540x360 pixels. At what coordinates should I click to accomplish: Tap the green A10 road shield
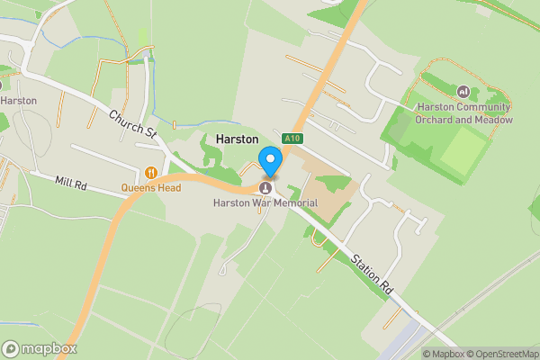(x=290, y=139)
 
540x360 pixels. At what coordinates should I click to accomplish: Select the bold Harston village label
(x=238, y=140)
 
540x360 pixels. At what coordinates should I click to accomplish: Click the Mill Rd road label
(x=69, y=183)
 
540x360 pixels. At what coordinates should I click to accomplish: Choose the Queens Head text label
(x=151, y=188)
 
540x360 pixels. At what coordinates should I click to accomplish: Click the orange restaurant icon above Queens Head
(x=151, y=172)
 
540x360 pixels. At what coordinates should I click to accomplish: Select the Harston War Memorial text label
(x=265, y=202)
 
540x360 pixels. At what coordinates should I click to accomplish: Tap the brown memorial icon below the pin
(x=265, y=187)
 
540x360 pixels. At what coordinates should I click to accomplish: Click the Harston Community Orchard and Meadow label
(x=464, y=113)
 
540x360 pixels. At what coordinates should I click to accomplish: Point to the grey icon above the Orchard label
(x=463, y=91)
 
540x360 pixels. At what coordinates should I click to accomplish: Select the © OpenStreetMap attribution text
(x=501, y=353)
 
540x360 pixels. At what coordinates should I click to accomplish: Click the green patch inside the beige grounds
(x=335, y=184)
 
